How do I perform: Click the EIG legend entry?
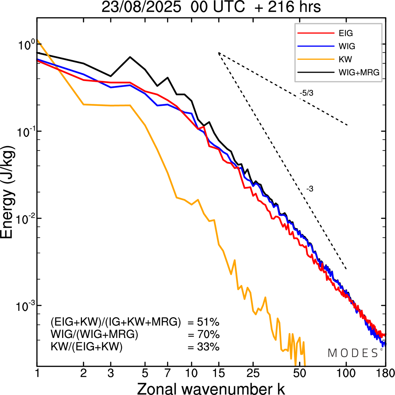coord(346,33)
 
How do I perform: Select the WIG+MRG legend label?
coord(359,72)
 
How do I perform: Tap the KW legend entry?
coord(345,59)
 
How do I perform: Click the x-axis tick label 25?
coord(253,373)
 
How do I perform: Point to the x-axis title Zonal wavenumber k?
coord(211,388)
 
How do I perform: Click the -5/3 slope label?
coord(306,93)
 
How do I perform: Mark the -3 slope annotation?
coord(310,189)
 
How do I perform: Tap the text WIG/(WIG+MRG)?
coord(94,334)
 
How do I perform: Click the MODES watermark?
coord(353,353)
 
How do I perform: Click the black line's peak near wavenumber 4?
coord(130,57)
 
